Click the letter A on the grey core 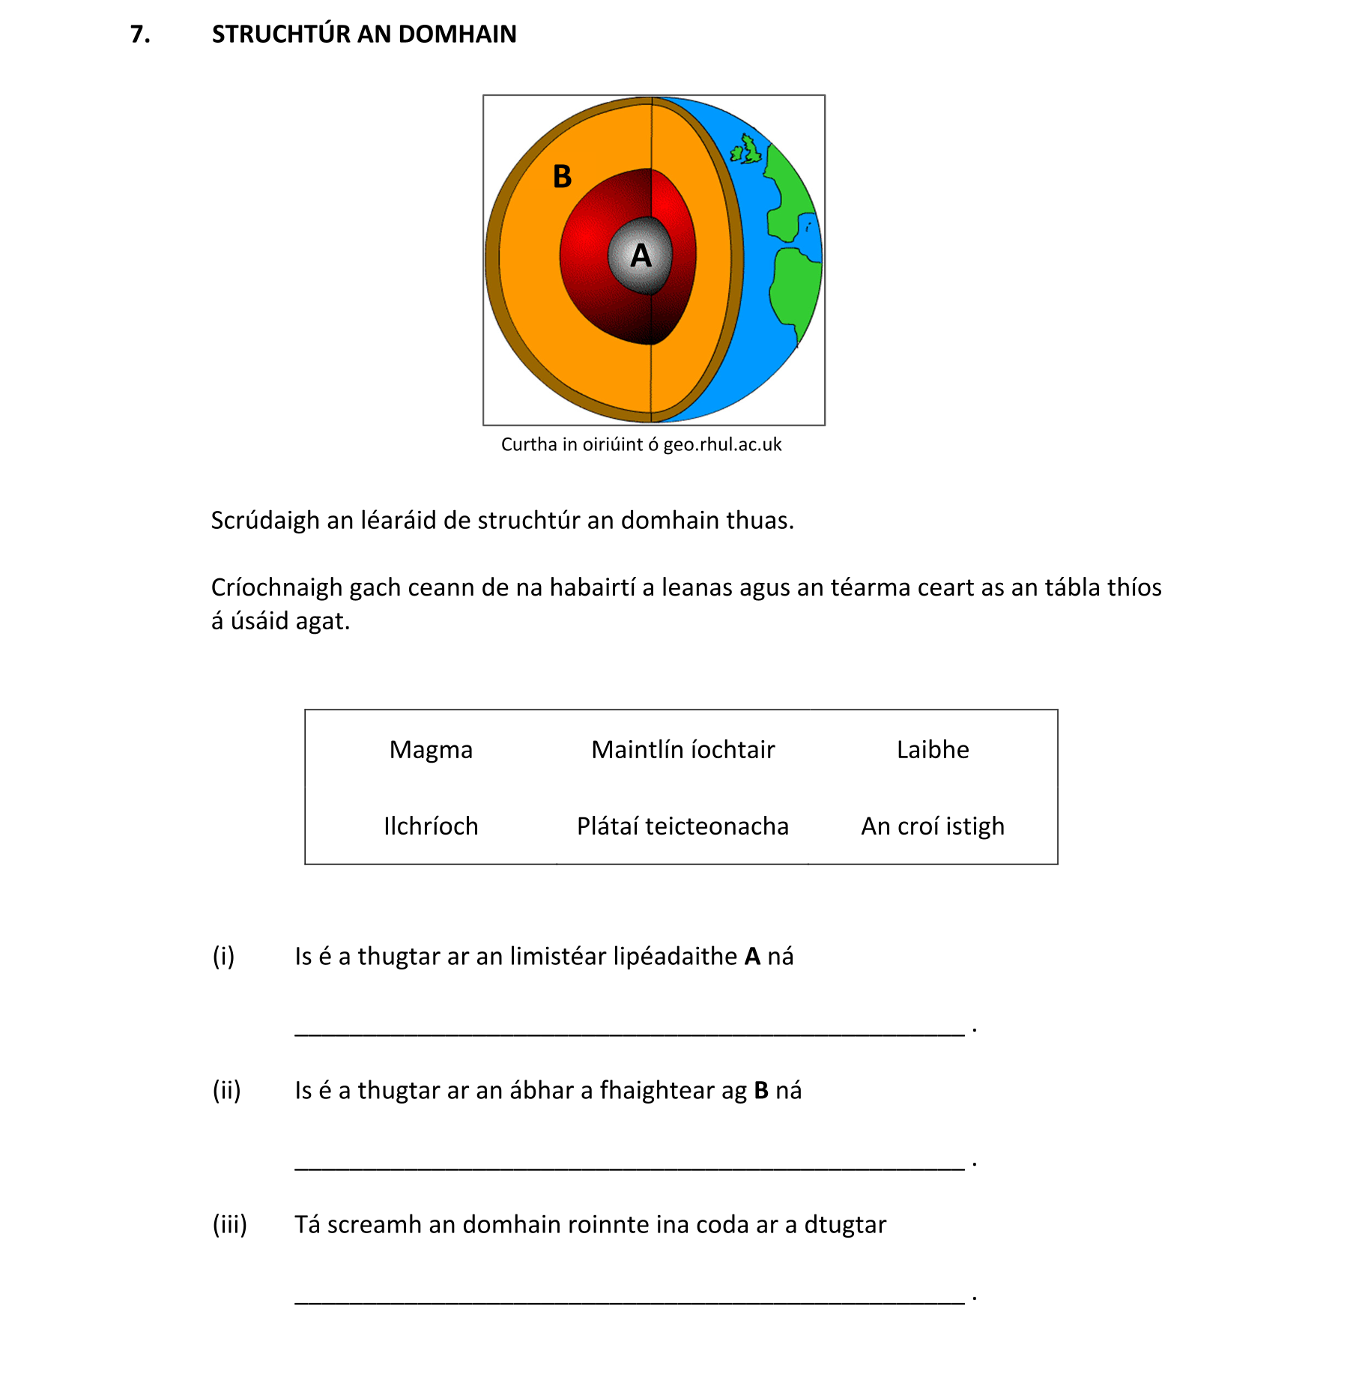click(x=641, y=256)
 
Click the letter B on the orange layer click(x=562, y=178)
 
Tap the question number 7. click(x=140, y=34)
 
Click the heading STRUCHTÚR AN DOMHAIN click(x=364, y=34)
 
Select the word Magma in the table click(x=431, y=750)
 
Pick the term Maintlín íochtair click(x=682, y=750)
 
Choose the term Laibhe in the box click(x=933, y=750)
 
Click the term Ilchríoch click(x=431, y=826)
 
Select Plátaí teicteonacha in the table click(x=682, y=826)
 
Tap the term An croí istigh click(x=933, y=826)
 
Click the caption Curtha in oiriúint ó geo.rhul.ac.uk click(x=641, y=445)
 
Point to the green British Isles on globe click(x=748, y=151)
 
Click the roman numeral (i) click(x=223, y=957)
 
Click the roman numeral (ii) click(x=226, y=1091)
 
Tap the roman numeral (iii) click(x=229, y=1225)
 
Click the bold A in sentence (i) click(x=752, y=957)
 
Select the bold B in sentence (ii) click(x=761, y=1091)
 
